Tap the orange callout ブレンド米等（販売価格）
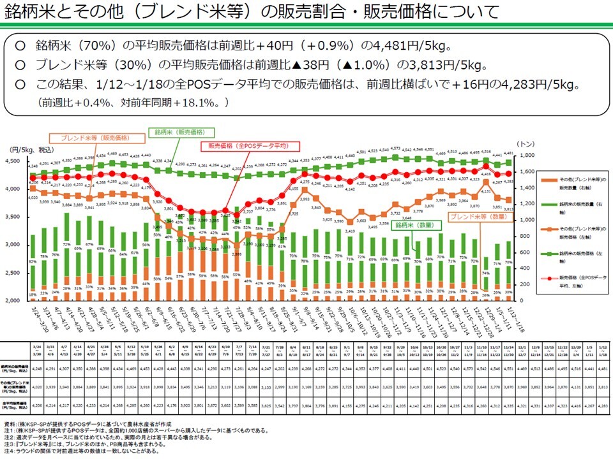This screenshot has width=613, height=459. pyautogui.click(x=95, y=138)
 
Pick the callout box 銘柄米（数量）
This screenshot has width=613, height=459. pyautogui.click(x=413, y=226)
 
